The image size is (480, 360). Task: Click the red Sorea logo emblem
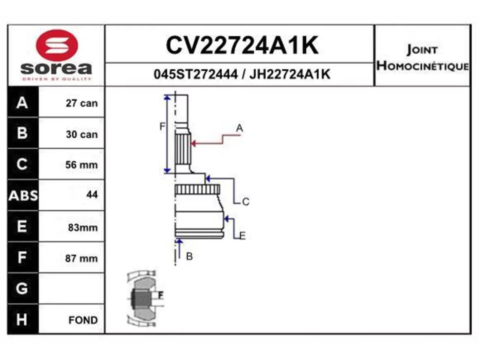pos(57,45)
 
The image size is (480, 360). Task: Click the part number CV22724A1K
pos(242,45)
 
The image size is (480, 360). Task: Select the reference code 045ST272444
pos(195,74)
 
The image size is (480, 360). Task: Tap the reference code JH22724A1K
pos(290,74)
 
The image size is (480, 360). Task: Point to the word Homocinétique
pos(423,66)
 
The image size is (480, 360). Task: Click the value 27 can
pos(82,103)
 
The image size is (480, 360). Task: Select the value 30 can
pos(82,134)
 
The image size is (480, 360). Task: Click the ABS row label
pos(23,195)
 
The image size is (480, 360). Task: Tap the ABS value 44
pos(92,194)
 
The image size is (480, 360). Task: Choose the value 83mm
pos(82,228)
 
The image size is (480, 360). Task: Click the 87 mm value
pos(81,258)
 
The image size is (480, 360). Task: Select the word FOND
pos(83,320)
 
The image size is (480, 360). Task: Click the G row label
pos(22,288)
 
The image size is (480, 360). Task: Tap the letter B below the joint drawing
pos(189,256)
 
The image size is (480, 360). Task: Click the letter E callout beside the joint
pos(243,236)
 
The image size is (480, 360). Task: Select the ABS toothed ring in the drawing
pos(197,189)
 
